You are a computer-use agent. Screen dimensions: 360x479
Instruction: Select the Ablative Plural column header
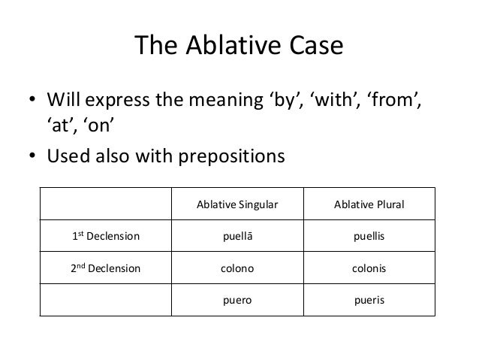pos(368,205)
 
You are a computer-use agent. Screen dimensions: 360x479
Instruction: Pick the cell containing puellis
pos(368,236)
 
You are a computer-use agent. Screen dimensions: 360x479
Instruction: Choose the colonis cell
pos(368,268)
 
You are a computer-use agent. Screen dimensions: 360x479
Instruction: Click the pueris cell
pos(368,298)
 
